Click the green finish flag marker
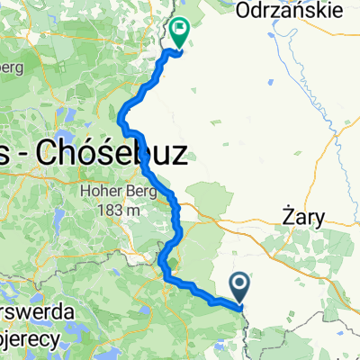click(x=180, y=33)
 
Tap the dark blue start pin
click(x=242, y=287)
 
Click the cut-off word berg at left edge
click(x=11, y=68)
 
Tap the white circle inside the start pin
click(x=242, y=283)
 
